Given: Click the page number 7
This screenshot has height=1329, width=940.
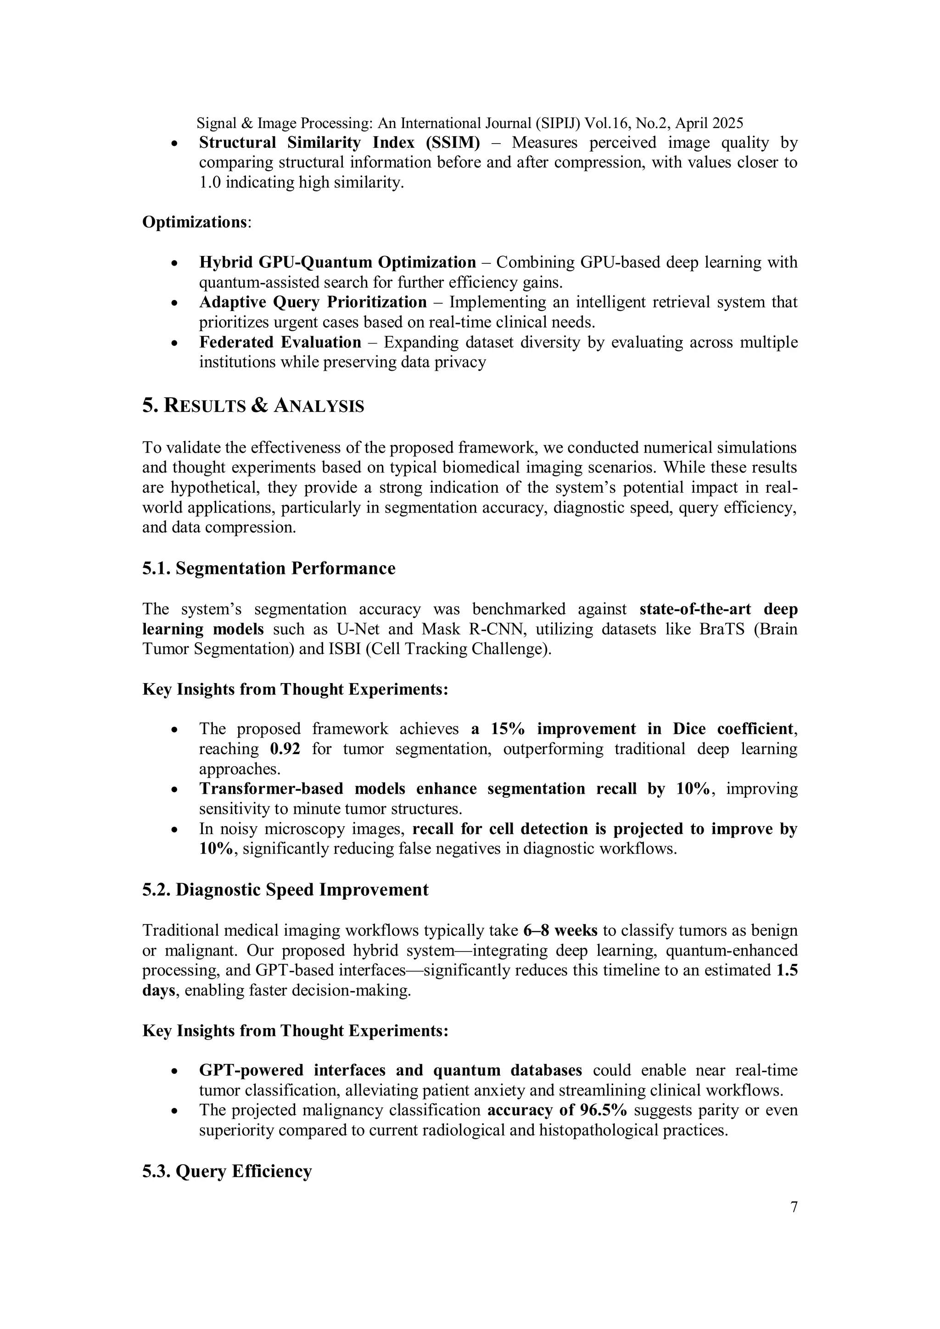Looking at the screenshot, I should coord(794,1207).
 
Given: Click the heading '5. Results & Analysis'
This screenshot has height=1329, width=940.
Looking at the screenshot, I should coord(253,406).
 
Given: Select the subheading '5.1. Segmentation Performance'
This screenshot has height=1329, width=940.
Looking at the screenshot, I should coord(269,568).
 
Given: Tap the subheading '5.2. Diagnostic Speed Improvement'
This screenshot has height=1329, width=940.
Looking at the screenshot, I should coord(285,890).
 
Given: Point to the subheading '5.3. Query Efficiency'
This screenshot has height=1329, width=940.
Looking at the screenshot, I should coord(227,1171).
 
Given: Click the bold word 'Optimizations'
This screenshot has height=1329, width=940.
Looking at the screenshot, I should coord(195,222).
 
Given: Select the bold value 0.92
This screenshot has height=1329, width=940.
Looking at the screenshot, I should coord(285,749).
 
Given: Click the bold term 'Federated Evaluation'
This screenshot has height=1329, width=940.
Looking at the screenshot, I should coord(280,343).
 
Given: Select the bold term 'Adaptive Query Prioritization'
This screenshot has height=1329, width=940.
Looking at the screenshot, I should coord(313,302).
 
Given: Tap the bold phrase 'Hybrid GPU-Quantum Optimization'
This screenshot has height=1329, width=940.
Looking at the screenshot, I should coord(338,262).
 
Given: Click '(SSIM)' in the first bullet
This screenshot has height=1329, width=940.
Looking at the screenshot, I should coord(453,142).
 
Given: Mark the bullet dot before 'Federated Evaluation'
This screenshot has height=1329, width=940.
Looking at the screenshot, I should coord(174,343).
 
